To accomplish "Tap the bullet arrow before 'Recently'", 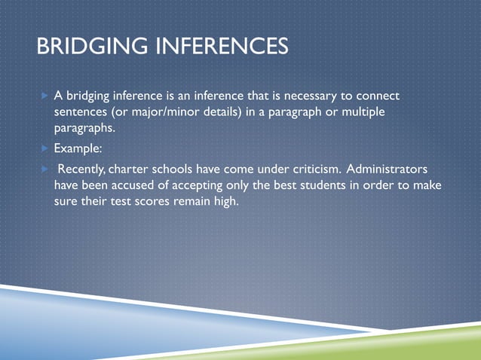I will (x=44, y=168).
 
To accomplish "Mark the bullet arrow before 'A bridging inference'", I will (x=44, y=96).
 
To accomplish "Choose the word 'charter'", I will (x=128, y=168).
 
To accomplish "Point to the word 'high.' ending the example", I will (x=224, y=201).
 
